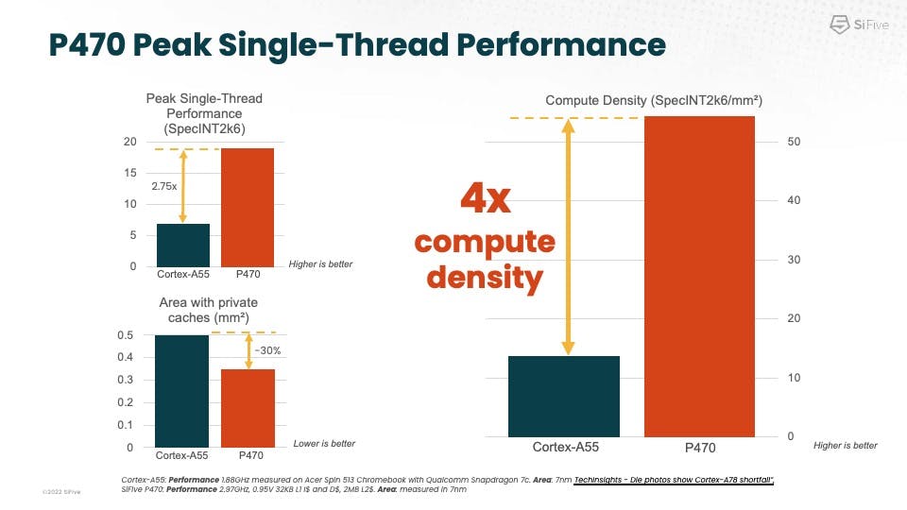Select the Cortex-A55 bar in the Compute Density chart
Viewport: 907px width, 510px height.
(563, 396)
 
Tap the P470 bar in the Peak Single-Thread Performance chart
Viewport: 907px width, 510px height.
(248, 207)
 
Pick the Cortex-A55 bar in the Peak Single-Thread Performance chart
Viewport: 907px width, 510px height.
(182, 245)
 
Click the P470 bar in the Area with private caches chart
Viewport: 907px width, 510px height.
(248, 407)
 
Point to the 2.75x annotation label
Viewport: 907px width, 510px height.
(164, 187)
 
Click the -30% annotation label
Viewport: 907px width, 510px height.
(267, 350)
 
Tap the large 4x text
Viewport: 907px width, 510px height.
(485, 200)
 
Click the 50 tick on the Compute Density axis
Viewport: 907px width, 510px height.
(795, 142)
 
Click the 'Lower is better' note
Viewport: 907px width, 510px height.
(323, 444)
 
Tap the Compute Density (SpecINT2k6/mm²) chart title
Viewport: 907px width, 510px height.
(654, 100)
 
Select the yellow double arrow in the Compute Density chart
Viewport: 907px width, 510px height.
(568, 237)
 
